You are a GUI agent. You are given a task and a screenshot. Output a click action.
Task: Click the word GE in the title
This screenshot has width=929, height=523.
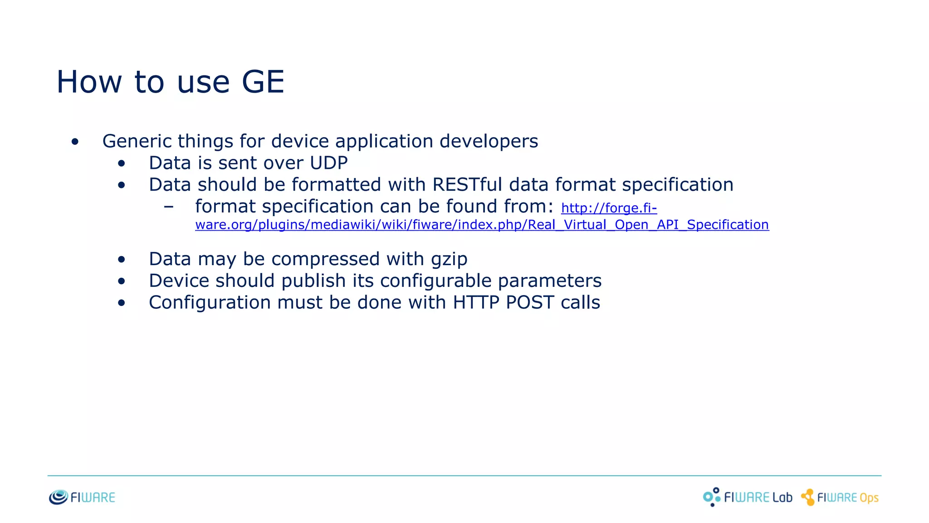pos(263,82)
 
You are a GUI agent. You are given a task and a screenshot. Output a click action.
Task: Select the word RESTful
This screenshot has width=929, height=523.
pos(467,185)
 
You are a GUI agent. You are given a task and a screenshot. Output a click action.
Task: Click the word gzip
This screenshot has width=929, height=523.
pos(449,259)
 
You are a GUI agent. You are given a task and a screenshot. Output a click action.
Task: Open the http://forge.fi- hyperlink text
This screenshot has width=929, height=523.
pos(609,208)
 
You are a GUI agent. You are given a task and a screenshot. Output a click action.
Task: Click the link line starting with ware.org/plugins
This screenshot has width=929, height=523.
pos(482,225)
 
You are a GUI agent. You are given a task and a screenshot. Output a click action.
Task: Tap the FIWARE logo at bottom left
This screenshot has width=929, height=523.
pos(82,497)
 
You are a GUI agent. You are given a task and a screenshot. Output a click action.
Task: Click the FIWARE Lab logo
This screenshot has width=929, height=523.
pos(748,497)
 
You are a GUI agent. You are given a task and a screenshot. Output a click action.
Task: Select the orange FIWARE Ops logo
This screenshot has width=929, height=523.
pos(840,497)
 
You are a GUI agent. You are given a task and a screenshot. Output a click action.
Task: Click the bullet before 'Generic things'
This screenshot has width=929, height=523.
pos(75,142)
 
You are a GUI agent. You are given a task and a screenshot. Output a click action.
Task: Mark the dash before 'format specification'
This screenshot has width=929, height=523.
pos(169,207)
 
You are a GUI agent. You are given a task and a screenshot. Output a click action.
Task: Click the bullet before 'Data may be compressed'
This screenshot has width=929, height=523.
pos(121,260)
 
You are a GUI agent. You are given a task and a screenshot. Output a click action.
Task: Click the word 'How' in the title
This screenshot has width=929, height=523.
pos(89,82)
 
